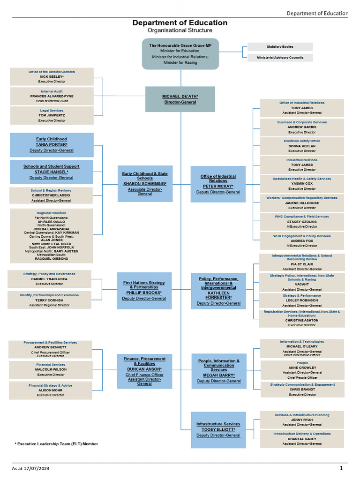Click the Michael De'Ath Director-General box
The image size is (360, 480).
[x=180, y=99]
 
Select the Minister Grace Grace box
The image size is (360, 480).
[x=180, y=54]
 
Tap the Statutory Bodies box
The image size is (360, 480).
[x=280, y=47]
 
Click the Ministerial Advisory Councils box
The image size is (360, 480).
[x=280, y=58]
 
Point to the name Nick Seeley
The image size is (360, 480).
[x=52, y=76]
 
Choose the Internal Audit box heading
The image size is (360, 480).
[x=52, y=91]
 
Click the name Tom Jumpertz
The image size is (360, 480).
[x=52, y=115]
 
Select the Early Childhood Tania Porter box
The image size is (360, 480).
[x=52, y=145]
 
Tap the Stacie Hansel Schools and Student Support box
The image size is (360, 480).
[x=52, y=172]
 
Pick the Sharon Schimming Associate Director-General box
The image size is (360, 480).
[x=145, y=183]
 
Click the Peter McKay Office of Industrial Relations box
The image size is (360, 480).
[x=218, y=184]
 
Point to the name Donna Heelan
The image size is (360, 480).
[x=302, y=146]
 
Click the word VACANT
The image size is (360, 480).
[x=302, y=285]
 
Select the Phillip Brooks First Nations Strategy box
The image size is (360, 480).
[x=144, y=291]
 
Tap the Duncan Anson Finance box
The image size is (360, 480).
[x=144, y=371]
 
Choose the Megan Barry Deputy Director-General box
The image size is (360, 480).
[x=219, y=371]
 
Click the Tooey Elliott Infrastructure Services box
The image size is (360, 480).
[x=218, y=429]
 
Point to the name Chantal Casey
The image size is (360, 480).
[x=302, y=439]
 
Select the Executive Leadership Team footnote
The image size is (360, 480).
[x=56, y=443]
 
